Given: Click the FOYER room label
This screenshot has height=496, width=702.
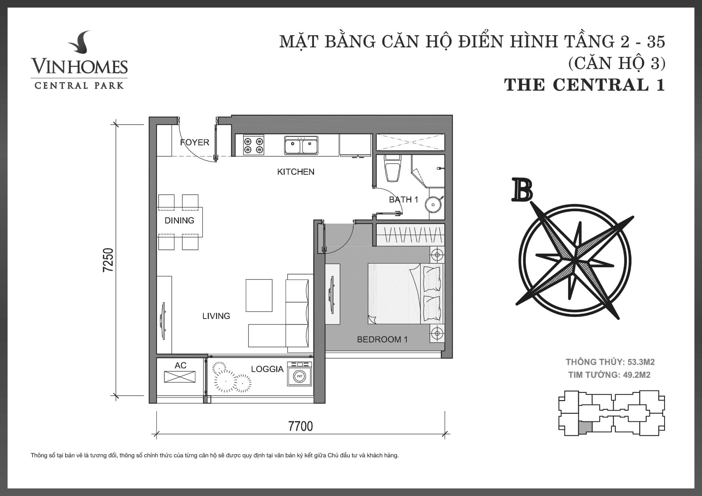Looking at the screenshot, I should coord(194,142).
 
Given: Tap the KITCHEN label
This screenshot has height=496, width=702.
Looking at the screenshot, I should coord(295,172).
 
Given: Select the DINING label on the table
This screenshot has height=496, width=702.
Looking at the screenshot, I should coord(179,220).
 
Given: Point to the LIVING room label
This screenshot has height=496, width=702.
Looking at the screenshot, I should coord(216,316).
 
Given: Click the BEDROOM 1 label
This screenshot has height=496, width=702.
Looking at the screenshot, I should coord(382,339).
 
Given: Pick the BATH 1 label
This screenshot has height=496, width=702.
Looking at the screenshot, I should coord(403,199).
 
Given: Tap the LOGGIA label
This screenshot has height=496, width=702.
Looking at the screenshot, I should coord(267,369).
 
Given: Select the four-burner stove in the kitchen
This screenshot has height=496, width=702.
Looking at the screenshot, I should coord(254,145).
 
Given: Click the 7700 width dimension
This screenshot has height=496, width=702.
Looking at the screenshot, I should coord(301,426).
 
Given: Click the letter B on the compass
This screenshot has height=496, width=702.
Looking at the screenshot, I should coord(522,190).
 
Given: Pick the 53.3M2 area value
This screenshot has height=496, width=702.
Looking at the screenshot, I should coord(641,362).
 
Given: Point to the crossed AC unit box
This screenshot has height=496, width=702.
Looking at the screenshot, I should coord(180,377).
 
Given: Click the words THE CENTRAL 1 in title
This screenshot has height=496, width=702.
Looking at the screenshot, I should coord(584,85).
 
